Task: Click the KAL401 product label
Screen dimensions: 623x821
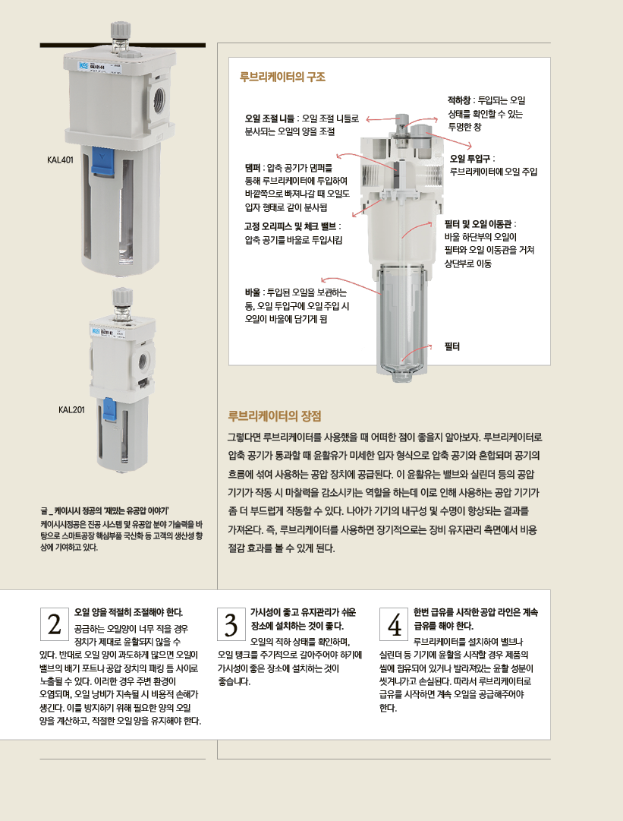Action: pyautogui.click(x=60, y=160)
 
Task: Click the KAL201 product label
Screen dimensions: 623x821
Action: pyautogui.click(x=71, y=410)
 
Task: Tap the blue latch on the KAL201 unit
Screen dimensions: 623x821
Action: pyautogui.click(x=109, y=409)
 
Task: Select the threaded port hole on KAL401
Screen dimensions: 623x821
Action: pyautogui.click(x=159, y=99)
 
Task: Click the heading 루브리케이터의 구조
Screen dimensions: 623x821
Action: pyautogui.click(x=282, y=77)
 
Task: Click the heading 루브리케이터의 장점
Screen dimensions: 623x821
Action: pyautogui.click(x=275, y=416)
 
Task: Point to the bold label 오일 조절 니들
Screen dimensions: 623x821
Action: pyautogui.click(x=269, y=118)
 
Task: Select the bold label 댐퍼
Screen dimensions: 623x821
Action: pyautogui.click(x=253, y=168)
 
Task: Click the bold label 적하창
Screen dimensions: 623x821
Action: pyautogui.click(x=459, y=100)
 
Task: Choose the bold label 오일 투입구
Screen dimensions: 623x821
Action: pyautogui.click(x=470, y=159)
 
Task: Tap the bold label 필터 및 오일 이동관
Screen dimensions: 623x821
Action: pyautogui.click(x=477, y=224)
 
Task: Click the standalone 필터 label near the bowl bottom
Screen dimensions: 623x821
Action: pyautogui.click(x=452, y=346)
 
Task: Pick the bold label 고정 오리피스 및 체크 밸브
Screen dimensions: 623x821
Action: pyautogui.click(x=291, y=227)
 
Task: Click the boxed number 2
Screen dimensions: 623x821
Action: pyautogui.click(x=55, y=624)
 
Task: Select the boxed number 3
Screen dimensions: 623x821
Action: pyautogui.click(x=231, y=624)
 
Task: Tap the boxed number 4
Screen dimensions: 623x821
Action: pyautogui.click(x=394, y=624)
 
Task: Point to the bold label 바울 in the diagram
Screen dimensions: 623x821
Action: pyautogui.click(x=253, y=292)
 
